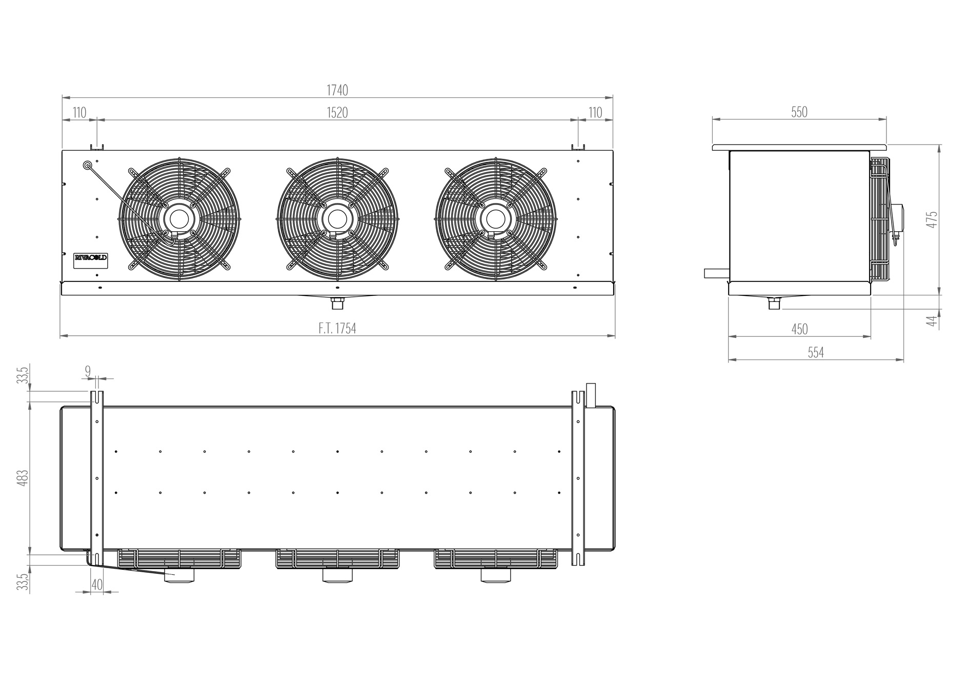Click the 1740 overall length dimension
[x=337, y=90]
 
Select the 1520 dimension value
[x=337, y=113]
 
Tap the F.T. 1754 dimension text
[x=337, y=329]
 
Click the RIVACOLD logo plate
[x=91, y=257]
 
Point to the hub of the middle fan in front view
[x=337, y=219]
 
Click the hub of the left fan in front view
[x=179, y=219]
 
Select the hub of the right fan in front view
[x=495, y=219]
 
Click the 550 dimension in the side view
[x=799, y=112]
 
